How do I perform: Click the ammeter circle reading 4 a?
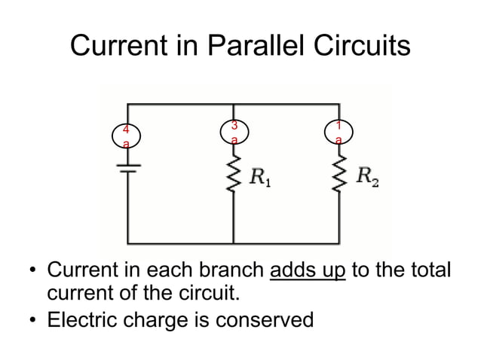pyautogui.click(x=127, y=137)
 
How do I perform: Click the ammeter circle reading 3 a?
pyautogui.click(x=235, y=132)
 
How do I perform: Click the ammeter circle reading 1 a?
pyautogui.click(x=341, y=132)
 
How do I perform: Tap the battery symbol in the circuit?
pyautogui.click(x=127, y=166)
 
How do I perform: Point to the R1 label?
pyautogui.click(x=262, y=179)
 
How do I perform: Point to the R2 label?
pyautogui.click(x=368, y=178)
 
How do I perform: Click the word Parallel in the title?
pyautogui.click(x=251, y=47)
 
